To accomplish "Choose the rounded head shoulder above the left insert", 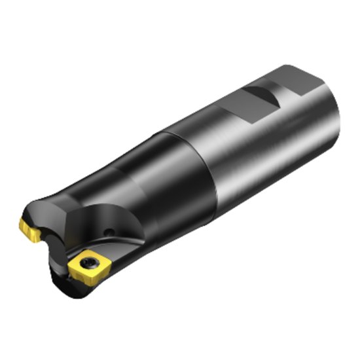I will pyautogui.click(x=49, y=203).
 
